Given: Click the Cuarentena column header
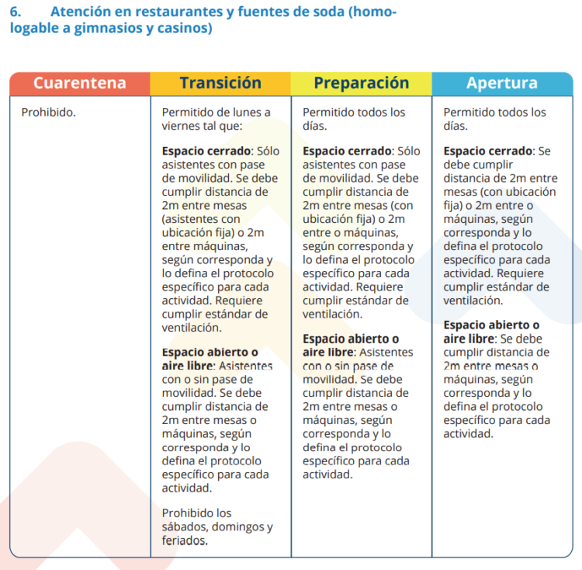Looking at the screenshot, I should (x=79, y=83).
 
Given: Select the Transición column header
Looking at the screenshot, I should (x=220, y=83).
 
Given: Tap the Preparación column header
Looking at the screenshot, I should (x=361, y=83).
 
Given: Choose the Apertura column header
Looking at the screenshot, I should (x=501, y=83).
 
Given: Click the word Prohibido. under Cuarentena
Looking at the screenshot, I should (x=48, y=113).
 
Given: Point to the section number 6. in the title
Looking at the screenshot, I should (x=16, y=12).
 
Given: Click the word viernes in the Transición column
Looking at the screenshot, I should (x=182, y=126).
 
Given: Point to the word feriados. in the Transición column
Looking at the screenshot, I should (x=186, y=540).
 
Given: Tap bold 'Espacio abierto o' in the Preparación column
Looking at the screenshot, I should (x=351, y=339).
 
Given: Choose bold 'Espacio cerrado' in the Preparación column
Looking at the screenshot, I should (x=348, y=151).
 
